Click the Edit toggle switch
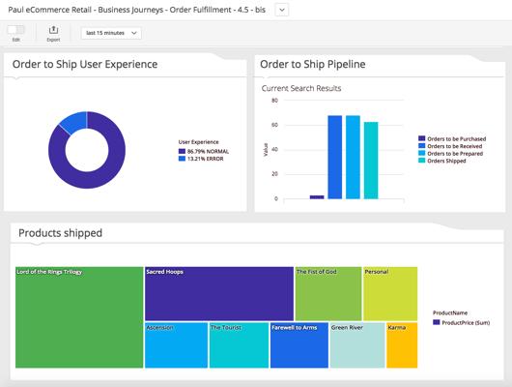[x=16, y=30]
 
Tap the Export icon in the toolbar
[x=53, y=30]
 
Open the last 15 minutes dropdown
[x=111, y=33]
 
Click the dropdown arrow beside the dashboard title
[x=282, y=10]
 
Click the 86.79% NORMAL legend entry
[x=204, y=152]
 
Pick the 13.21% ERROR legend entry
[x=201, y=159]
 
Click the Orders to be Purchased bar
[x=317, y=197]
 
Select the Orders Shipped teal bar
[x=371, y=161]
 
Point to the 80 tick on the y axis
[x=274, y=101]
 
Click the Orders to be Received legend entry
[x=450, y=146]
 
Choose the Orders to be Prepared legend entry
[x=450, y=154]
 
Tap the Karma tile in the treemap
[x=402, y=345]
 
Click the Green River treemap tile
[x=357, y=345]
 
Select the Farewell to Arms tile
[x=299, y=345]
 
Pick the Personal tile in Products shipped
[x=390, y=294]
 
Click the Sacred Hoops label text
[x=164, y=272]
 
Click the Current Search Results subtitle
[x=301, y=88]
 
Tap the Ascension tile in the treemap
[x=177, y=345]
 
